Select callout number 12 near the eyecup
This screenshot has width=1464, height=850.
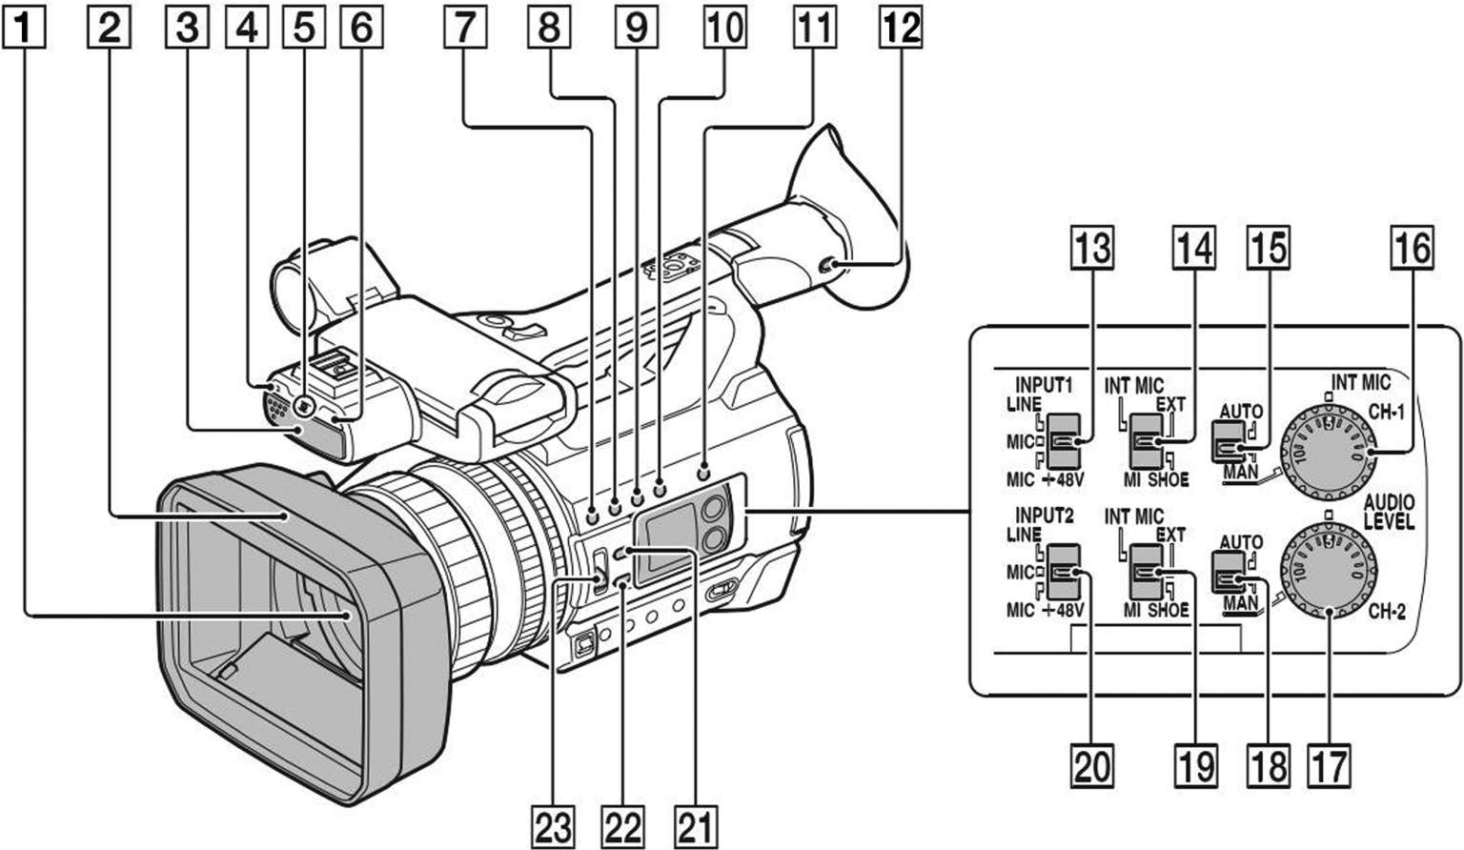click(901, 28)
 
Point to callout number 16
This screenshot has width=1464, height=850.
click(1412, 248)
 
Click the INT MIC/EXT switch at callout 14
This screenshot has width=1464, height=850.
click(1145, 441)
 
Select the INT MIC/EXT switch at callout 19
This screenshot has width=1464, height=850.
click(1145, 573)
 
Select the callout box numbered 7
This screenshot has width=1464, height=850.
click(463, 28)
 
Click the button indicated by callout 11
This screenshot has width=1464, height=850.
click(704, 471)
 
